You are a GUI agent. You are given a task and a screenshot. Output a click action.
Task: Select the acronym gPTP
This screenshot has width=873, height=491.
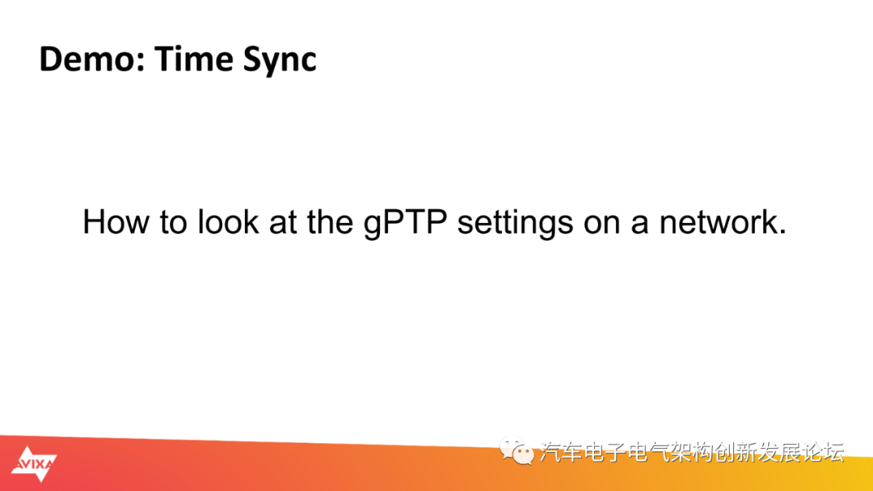(x=405, y=224)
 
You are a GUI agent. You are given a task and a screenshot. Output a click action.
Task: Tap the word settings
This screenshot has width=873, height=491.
(x=515, y=224)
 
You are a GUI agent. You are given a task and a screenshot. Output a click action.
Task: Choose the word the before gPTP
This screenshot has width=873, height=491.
(x=330, y=222)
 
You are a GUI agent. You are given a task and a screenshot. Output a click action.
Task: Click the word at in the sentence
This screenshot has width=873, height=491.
(x=284, y=224)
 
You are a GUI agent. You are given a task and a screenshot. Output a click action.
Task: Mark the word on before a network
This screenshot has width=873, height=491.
(x=602, y=225)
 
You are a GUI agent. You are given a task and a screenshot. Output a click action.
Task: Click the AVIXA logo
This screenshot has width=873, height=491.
(x=34, y=464)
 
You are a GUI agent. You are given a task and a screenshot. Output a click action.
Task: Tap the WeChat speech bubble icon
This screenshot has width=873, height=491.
(x=516, y=451)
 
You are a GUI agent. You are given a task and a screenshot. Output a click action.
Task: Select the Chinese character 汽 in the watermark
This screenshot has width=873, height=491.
(x=550, y=452)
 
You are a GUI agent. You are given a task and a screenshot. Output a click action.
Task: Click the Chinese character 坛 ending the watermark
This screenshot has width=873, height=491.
(x=833, y=452)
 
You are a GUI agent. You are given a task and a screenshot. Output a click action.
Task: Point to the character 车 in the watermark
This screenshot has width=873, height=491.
(x=572, y=452)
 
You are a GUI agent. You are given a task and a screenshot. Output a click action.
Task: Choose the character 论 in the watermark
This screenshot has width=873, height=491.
(x=812, y=452)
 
